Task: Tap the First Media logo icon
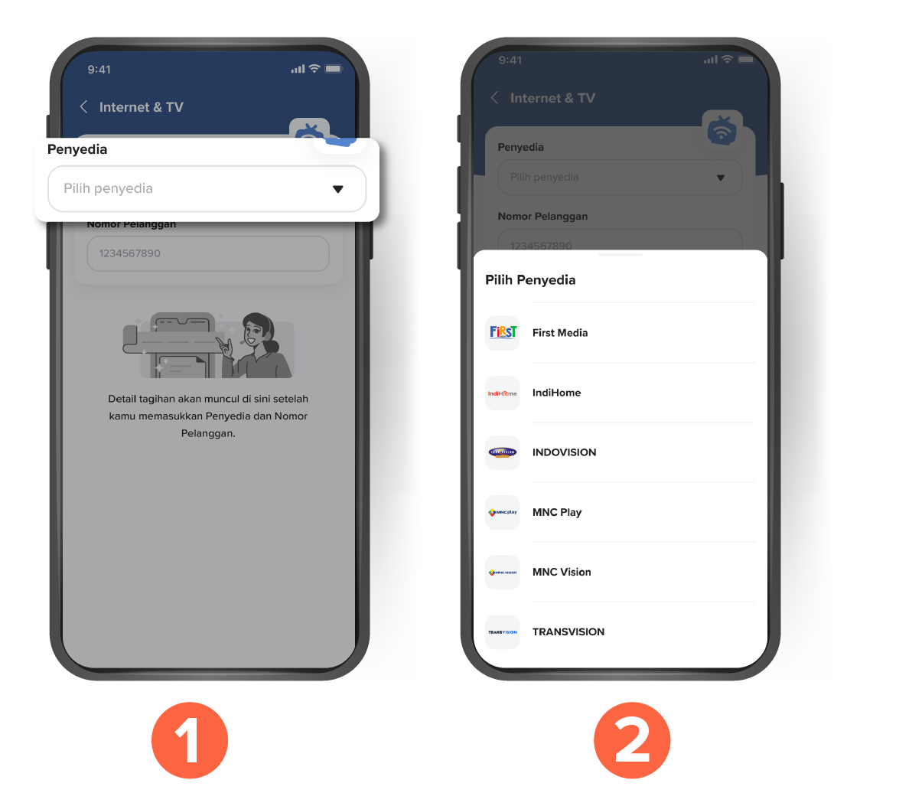pos(502,332)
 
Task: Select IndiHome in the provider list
pos(556,393)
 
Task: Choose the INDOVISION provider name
pos(564,452)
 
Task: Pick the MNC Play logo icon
pos(502,512)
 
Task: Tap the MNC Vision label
pos(562,572)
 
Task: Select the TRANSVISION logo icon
pos(502,632)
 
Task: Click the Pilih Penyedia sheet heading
pos(530,280)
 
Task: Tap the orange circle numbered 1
pos(190,740)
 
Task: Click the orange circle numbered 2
pos(632,740)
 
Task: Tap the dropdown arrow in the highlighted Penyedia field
pos(337,189)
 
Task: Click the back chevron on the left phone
pos(83,106)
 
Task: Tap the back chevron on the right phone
pos(494,97)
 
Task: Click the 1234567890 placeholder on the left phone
pos(129,253)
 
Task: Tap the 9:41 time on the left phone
pos(99,70)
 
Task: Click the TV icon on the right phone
pos(721,130)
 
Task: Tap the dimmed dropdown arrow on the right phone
pos(721,178)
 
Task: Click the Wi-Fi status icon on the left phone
pos(314,69)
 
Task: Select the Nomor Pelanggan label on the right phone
pos(542,216)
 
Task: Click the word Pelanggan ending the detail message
pos(207,433)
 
